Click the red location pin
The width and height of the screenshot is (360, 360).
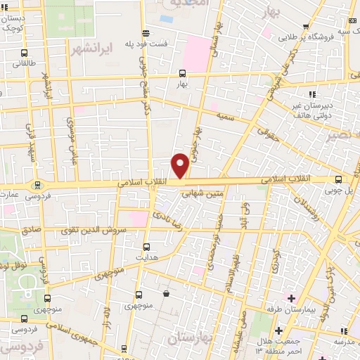point(181,165)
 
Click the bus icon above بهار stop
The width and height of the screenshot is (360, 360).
point(182,73)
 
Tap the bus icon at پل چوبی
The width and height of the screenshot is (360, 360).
point(339,179)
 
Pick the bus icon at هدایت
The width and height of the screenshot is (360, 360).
point(146,247)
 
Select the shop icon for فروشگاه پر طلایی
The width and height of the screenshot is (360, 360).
point(307,27)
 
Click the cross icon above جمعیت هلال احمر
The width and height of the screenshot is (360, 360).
point(280,330)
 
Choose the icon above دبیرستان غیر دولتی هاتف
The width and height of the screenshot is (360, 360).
point(312,95)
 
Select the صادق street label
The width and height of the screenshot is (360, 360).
point(31,230)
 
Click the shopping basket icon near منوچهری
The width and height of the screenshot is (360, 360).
point(166,294)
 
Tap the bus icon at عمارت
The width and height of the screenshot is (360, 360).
point(37,185)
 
